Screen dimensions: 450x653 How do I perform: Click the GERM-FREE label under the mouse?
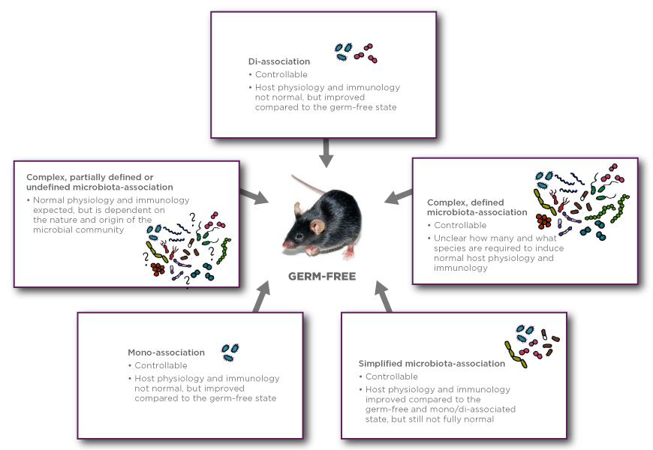click(322, 276)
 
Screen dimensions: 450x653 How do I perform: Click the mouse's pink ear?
click(318, 225)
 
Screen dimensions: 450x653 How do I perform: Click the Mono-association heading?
click(166, 352)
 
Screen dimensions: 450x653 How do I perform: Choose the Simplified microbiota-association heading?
click(432, 364)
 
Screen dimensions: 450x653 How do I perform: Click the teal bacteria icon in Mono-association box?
click(230, 350)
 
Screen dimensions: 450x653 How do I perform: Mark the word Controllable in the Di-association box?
click(281, 74)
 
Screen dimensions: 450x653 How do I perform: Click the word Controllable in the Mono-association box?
click(161, 365)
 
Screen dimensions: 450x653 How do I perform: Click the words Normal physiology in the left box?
click(71, 200)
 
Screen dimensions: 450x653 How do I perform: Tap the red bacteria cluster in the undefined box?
click(158, 268)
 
